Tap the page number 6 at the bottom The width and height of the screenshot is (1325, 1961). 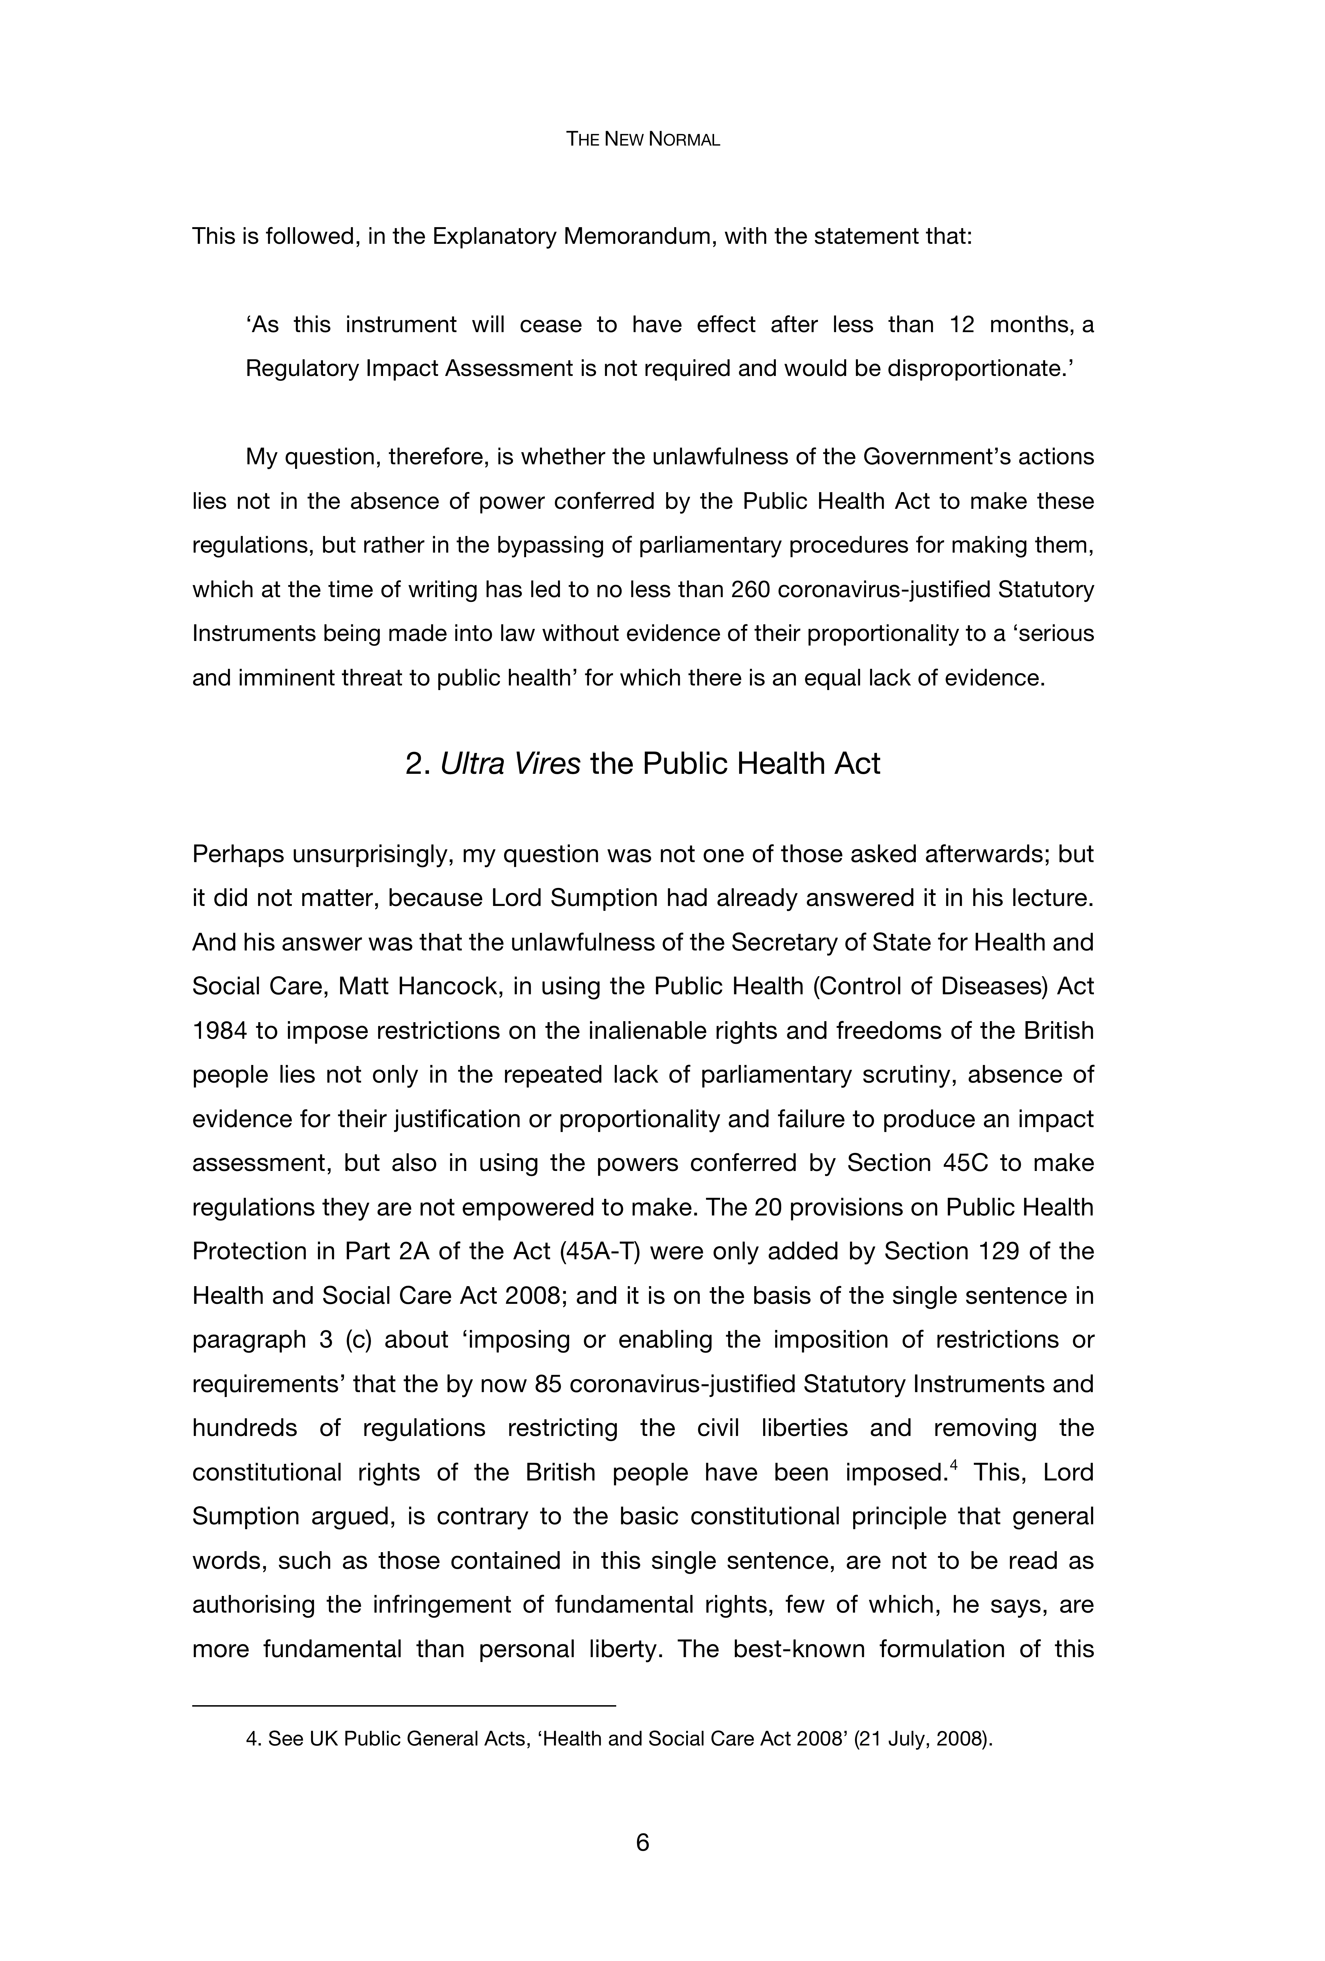642,1842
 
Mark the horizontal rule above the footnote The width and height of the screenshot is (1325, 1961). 404,1706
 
